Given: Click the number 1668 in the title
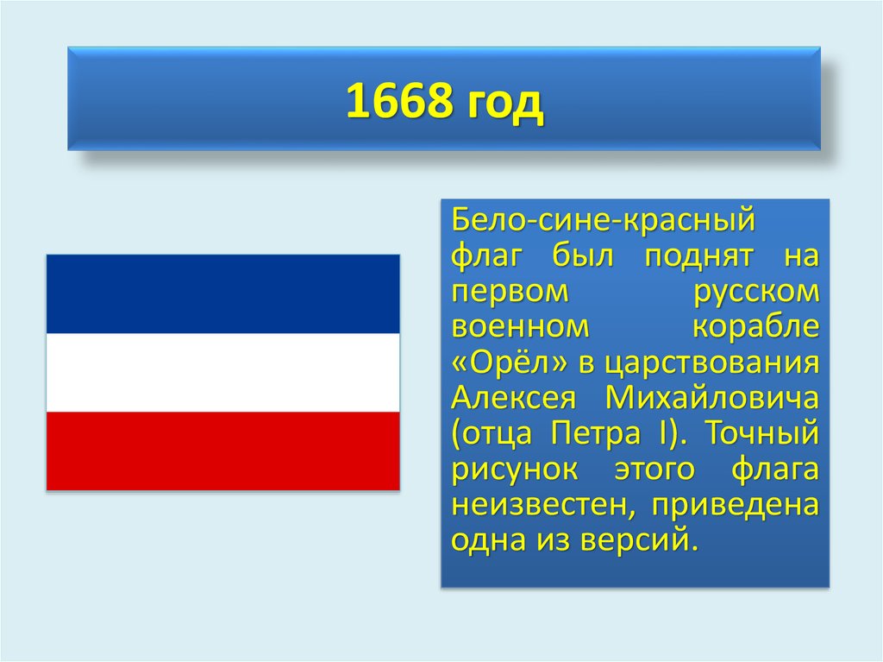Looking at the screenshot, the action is [x=400, y=101].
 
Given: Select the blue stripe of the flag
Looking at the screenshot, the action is [x=223, y=293].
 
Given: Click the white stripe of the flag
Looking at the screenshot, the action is [x=223, y=373].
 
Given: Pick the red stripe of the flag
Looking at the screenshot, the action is [x=223, y=451].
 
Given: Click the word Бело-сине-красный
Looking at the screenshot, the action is [x=603, y=220].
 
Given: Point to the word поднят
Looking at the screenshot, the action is [x=698, y=257].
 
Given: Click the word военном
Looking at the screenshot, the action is [x=520, y=327].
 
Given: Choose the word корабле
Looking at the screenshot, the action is [x=756, y=327].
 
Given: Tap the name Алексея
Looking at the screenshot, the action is [x=514, y=398].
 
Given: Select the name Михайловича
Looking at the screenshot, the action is [x=712, y=398].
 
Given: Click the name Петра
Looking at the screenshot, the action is [x=596, y=433].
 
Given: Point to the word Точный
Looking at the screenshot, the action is [x=762, y=433].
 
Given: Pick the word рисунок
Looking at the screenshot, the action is [x=515, y=470].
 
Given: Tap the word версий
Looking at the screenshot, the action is [x=639, y=539].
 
